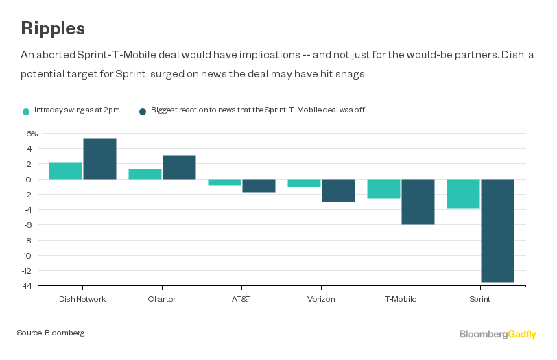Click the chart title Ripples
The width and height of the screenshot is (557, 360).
pos(53,28)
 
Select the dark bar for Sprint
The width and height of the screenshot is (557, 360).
pos(497,230)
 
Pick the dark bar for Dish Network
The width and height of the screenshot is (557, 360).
pos(99,158)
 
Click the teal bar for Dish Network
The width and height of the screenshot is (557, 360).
pos(65,170)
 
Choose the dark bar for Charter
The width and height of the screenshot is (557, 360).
pos(179,167)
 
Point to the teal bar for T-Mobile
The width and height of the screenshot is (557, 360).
pos(383,189)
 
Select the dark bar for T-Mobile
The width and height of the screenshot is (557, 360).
pos(418,202)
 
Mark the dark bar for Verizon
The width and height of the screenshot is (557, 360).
pos(338,190)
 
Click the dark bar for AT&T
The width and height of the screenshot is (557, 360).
pos(259,185)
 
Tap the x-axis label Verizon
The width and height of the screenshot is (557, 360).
pos(321,299)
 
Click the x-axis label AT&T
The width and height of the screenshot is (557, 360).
pos(241,299)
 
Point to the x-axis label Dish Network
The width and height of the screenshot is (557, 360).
pos(82,299)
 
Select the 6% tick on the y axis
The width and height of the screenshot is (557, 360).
pos(32,134)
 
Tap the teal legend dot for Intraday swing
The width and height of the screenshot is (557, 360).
pos(26,111)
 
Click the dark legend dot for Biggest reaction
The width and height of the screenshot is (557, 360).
pos(143,111)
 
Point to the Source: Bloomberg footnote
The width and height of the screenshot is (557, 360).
pos(51,333)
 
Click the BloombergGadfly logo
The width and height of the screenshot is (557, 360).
pos(497,334)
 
